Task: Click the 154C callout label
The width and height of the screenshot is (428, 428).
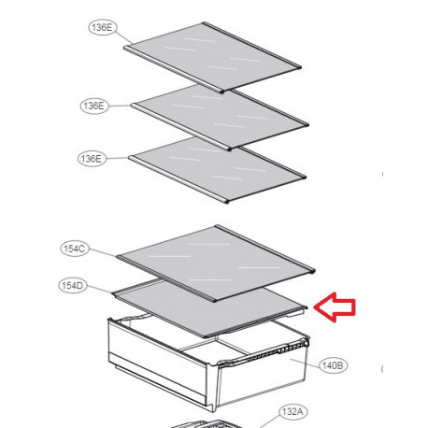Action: tap(75, 249)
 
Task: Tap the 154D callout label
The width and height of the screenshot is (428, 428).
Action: tap(72, 286)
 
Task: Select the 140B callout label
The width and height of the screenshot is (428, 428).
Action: tap(333, 365)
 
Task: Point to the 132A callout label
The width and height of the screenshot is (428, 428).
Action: tap(292, 412)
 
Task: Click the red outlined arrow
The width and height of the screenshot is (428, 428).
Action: tap(335, 307)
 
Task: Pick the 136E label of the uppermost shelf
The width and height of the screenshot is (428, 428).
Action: tap(102, 27)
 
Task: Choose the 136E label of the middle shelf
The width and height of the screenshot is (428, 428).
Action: tap(94, 106)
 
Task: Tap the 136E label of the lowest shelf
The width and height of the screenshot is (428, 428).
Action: tap(92, 159)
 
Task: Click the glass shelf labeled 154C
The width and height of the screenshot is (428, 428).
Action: tap(216, 264)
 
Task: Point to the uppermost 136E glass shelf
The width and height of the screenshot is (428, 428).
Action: tap(212, 57)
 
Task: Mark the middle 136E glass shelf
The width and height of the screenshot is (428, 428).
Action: tap(220, 117)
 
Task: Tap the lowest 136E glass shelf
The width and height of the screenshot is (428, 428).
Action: tap(217, 170)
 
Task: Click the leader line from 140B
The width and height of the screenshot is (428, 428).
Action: tap(305, 362)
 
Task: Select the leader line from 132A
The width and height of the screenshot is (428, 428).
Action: tap(269, 421)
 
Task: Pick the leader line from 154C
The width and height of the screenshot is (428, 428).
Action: tap(103, 252)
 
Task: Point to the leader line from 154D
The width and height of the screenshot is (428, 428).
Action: tap(99, 290)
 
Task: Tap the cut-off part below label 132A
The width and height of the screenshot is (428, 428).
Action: tap(206, 424)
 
